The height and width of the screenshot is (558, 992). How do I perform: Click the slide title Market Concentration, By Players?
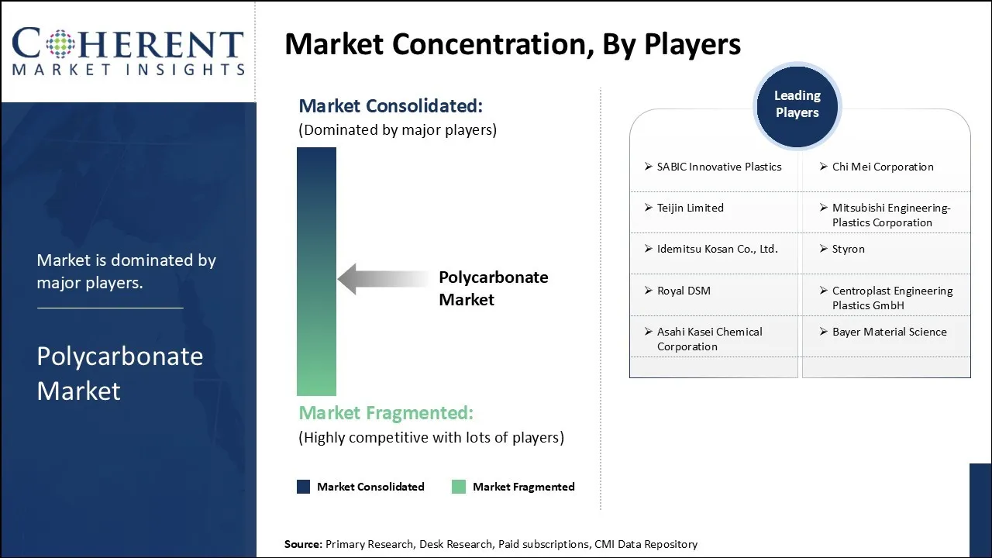click(x=512, y=44)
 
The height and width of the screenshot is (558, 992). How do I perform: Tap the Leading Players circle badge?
click(x=797, y=105)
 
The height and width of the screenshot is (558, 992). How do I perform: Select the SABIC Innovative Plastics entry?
click(x=718, y=167)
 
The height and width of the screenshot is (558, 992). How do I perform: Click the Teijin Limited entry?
click(x=690, y=208)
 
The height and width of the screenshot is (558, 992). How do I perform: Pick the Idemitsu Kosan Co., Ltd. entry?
click(x=717, y=249)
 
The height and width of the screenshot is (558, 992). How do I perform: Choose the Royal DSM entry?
click(x=683, y=291)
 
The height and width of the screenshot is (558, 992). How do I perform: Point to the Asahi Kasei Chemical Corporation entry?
click(x=709, y=339)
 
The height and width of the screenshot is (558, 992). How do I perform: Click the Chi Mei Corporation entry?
click(x=882, y=167)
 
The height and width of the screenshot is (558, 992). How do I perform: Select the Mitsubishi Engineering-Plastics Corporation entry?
click(x=890, y=215)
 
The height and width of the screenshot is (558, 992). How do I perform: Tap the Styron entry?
click(x=848, y=249)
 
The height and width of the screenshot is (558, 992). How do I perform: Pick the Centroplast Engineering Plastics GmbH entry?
click(x=891, y=298)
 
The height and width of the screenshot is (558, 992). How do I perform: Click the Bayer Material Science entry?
click(x=889, y=332)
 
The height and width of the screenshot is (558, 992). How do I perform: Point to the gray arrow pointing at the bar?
click(x=381, y=279)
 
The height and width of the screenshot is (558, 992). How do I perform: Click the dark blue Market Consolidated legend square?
click(x=304, y=487)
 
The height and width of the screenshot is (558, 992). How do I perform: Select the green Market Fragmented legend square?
click(x=459, y=487)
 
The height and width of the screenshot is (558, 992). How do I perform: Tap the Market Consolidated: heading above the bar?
click(x=391, y=105)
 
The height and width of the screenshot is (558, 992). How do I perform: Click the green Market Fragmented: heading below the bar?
click(x=386, y=412)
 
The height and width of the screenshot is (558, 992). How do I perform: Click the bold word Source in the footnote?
click(x=303, y=544)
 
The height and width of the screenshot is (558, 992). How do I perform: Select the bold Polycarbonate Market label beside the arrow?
click(x=493, y=288)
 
